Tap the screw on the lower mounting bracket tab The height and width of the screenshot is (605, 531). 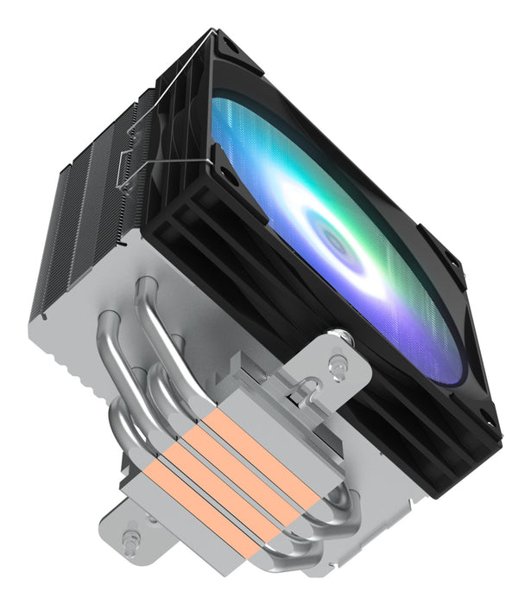pyautogui.click(x=130, y=541)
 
